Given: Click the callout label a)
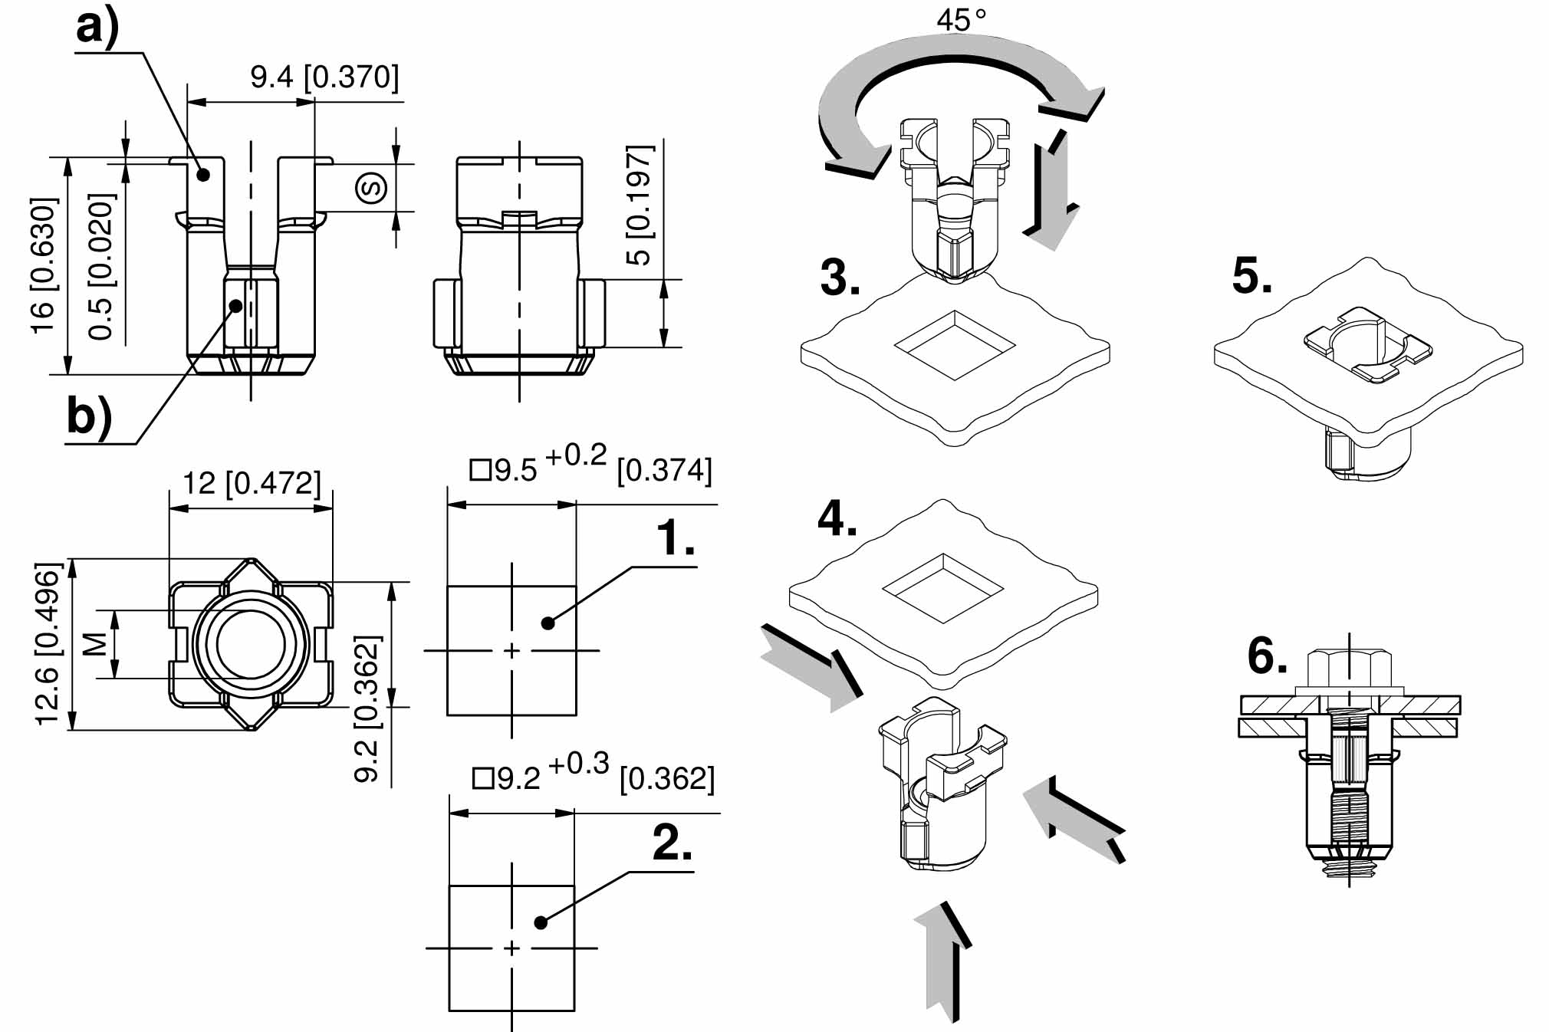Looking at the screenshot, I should click(x=98, y=29).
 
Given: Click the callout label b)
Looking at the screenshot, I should click(x=89, y=418).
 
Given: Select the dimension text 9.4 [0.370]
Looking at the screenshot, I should click(x=324, y=77).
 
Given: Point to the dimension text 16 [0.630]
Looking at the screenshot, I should click(x=44, y=265).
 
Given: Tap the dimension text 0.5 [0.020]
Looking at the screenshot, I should click(x=101, y=267).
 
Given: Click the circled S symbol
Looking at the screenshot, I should click(x=372, y=188).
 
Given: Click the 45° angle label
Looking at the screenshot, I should click(x=961, y=19).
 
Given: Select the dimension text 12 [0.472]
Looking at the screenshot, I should click(x=252, y=483).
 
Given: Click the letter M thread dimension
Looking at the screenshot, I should click(x=94, y=645).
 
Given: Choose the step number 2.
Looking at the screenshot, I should click(x=672, y=843).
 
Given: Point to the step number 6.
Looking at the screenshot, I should click(x=1267, y=656).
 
